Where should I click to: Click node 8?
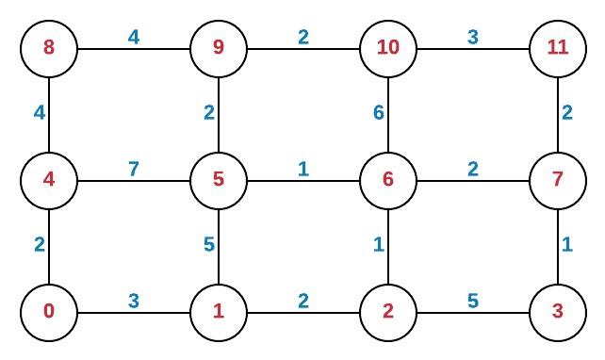point(49,47)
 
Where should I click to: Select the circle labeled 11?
point(558,47)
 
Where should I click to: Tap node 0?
point(49,311)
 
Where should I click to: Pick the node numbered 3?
point(558,311)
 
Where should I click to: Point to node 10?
point(388,47)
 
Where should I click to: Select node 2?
point(388,311)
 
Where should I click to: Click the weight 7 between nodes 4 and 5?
point(134,169)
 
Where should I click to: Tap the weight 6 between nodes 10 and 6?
point(378,113)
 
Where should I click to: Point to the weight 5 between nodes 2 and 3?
point(473,301)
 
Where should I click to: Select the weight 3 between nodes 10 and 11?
point(473,37)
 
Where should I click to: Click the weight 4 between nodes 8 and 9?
point(134,37)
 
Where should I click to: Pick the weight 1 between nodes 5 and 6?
point(303,169)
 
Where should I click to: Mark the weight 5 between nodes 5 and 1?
point(208,245)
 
